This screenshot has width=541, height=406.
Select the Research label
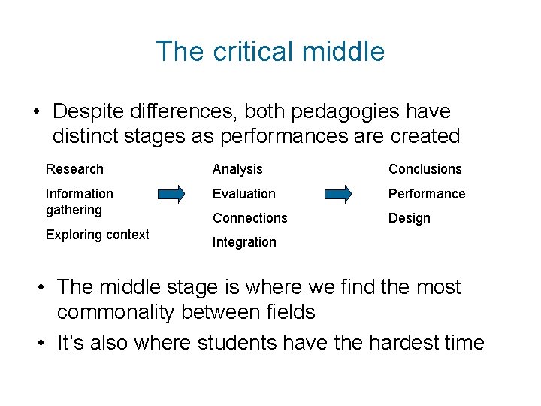[74, 169]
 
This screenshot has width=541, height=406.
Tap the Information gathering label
[80, 201]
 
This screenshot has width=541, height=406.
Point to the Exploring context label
[98, 235]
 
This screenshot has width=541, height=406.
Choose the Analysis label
[237, 169]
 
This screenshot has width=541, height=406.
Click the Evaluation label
[244, 194]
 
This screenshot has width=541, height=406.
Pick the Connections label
[249, 218]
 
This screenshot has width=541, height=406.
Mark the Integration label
[244, 242]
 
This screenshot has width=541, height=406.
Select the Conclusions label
[425, 169]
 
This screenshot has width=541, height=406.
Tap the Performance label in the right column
[427, 194]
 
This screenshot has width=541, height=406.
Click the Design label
[410, 218]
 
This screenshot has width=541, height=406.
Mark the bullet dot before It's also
[43, 344]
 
